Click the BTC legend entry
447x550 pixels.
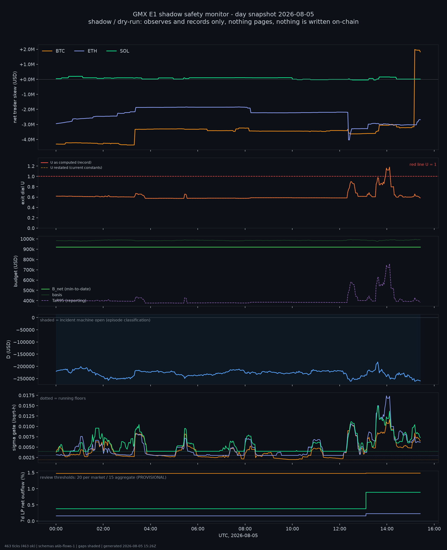point(54,51)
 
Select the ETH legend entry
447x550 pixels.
point(86,51)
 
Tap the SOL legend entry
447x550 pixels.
point(118,51)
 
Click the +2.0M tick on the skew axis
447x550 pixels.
point(27,49)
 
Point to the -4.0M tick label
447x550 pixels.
point(28,139)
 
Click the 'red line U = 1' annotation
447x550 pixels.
point(423,165)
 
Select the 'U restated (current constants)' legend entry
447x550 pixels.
point(71,167)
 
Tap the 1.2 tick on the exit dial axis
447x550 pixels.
point(31,166)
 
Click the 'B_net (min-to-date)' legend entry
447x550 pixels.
point(66,289)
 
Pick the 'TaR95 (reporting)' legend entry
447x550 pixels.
point(64,301)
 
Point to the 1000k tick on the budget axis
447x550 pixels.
point(27,239)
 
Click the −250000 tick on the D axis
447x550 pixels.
point(25,379)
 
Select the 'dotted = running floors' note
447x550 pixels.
point(63,398)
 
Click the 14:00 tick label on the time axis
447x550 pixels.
point(387,529)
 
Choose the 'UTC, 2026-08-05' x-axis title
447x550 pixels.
point(238,536)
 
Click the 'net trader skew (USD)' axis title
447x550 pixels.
point(15,97)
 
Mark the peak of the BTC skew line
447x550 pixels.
point(415,49)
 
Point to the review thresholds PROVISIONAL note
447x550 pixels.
point(103,477)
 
